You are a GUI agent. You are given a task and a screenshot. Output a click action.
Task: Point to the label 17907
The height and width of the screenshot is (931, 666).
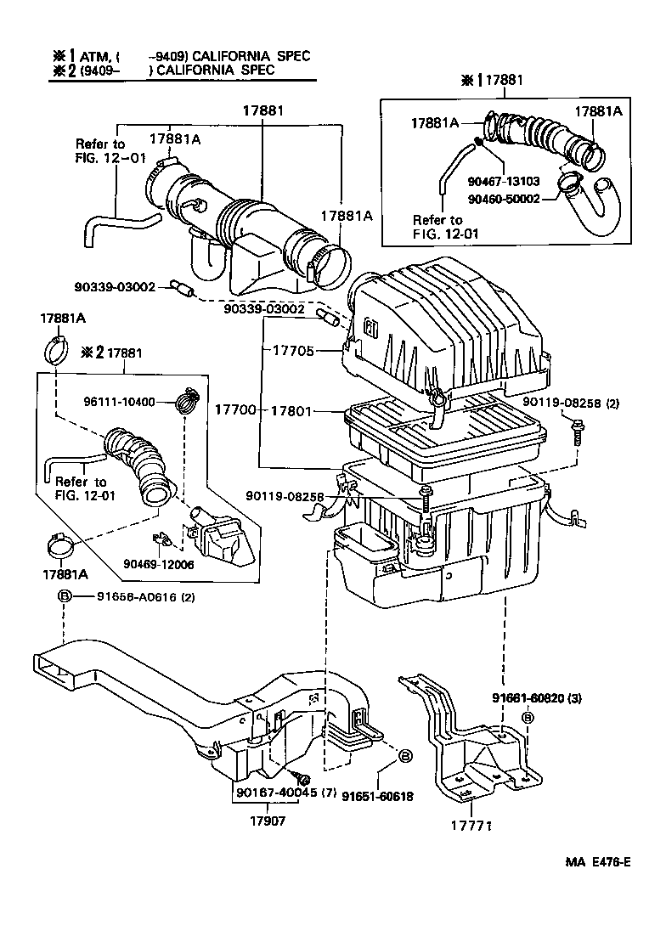pyautogui.click(x=267, y=821)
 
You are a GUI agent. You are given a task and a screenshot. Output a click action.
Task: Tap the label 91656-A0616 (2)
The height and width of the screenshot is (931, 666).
pyautogui.click(x=134, y=597)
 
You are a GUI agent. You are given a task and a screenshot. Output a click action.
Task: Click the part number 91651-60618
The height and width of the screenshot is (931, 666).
pyautogui.click(x=377, y=796)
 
